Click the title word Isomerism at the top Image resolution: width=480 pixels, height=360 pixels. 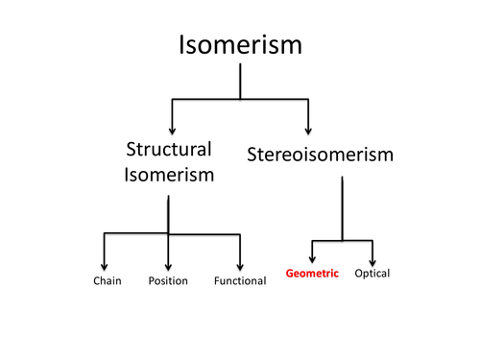pyautogui.click(x=239, y=45)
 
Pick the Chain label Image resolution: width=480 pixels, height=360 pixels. pyautogui.click(x=107, y=281)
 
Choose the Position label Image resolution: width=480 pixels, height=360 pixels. pyautogui.click(x=168, y=281)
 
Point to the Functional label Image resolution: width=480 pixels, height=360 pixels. pyautogui.click(x=239, y=281)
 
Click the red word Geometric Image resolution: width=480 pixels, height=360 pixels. pyautogui.click(x=313, y=274)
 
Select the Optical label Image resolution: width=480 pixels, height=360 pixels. pyautogui.click(x=372, y=274)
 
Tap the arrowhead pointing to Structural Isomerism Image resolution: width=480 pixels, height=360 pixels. pyautogui.click(x=171, y=129)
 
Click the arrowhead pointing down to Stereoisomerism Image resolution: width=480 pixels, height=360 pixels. pyautogui.click(x=308, y=129)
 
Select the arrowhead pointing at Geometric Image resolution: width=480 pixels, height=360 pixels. pyautogui.click(x=312, y=256)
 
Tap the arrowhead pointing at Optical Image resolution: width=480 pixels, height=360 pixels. pyautogui.click(x=372, y=256)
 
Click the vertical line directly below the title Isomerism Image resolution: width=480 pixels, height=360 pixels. pyautogui.click(x=239, y=81)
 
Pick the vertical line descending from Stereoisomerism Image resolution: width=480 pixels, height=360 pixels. pyautogui.click(x=342, y=206)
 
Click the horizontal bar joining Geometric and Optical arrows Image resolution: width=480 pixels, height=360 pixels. pyautogui.click(x=342, y=240)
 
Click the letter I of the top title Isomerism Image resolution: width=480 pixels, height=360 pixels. pyautogui.click(x=182, y=45)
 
